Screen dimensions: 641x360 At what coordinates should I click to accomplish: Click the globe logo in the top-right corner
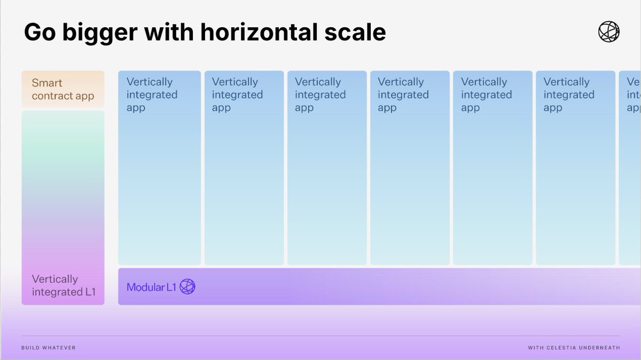coord(608,32)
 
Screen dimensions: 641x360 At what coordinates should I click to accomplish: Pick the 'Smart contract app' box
coord(62,90)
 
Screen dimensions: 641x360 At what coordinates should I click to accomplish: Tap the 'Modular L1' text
coord(151,287)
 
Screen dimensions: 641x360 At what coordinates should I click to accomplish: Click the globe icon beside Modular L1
coord(187,287)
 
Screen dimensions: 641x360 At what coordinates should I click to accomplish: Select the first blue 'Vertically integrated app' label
coord(152,95)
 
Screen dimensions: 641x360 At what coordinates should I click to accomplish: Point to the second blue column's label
coord(237,95)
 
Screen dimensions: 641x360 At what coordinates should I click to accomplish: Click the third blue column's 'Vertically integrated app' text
coord(320,95)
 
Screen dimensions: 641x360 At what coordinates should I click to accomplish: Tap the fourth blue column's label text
coord(403,95)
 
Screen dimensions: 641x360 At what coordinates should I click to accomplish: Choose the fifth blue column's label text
coord(486,95)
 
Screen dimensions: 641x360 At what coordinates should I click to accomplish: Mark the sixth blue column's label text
coord(568,95)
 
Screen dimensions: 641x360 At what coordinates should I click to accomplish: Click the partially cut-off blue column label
coord(633,95)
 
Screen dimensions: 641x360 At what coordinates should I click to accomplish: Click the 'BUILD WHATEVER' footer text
coord(49,348)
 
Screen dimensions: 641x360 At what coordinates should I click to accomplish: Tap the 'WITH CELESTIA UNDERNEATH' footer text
coord(574,348)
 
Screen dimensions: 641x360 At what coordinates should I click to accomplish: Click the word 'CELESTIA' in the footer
coord(562,348)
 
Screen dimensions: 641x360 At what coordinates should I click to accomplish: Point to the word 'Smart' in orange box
coord(47,83)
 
